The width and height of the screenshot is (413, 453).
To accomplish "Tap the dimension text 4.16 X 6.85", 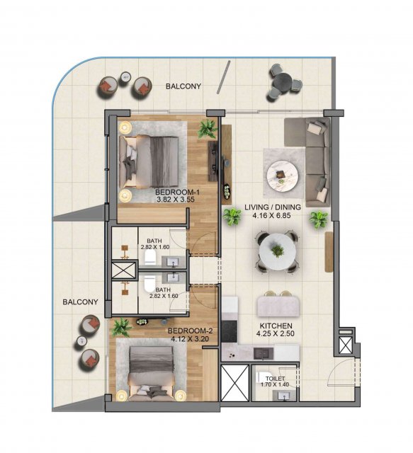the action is (x=271, y=215).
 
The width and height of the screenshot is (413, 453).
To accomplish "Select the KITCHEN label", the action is (x=276, y=326).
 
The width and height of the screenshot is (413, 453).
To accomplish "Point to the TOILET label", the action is (x=276, y=379).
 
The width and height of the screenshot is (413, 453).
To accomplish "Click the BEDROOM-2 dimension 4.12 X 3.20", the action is (x=190, y=339).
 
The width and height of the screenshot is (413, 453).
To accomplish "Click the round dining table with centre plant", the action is (x=278, y=252).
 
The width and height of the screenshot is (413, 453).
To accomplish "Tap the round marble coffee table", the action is (x=282, y=176).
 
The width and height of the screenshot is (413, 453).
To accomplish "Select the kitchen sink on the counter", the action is (x=264, y=353).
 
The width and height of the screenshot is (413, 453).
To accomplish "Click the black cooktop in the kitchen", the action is (x=229, y=332).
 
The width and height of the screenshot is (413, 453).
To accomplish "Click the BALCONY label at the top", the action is (x=183, y=86).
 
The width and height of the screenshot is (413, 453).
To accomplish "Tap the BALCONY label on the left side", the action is (x=80, y=302).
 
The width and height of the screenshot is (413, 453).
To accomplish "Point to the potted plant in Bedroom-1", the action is (x=208, y=129).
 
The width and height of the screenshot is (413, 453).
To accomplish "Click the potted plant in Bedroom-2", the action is (x=122, y=328).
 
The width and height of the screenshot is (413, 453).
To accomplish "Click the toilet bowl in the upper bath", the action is (x=149, y=257).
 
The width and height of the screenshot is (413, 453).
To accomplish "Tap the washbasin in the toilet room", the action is (x=285, y=396).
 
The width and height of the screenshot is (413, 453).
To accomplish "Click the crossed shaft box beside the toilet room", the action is (x=235, y=383).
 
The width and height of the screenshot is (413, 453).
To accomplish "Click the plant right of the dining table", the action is (x=318, y=219).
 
